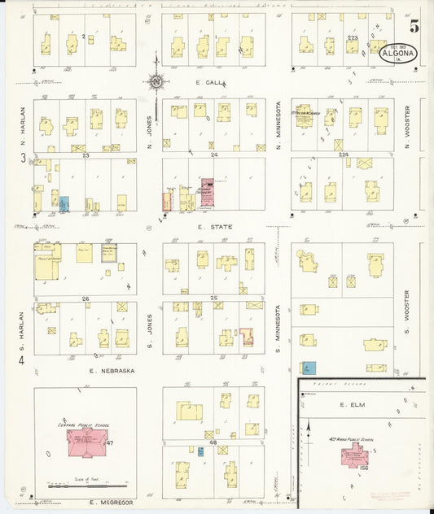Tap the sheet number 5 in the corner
pyautogui.click(x=414, y=26)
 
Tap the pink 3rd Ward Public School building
pyautogui.click(x=355, y=457)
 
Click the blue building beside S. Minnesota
pyautogui.click(x=309, y=368)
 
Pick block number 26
pyautogui.click(x=85, y=298)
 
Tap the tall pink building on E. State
pyautogui.click(x=207, y=192)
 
